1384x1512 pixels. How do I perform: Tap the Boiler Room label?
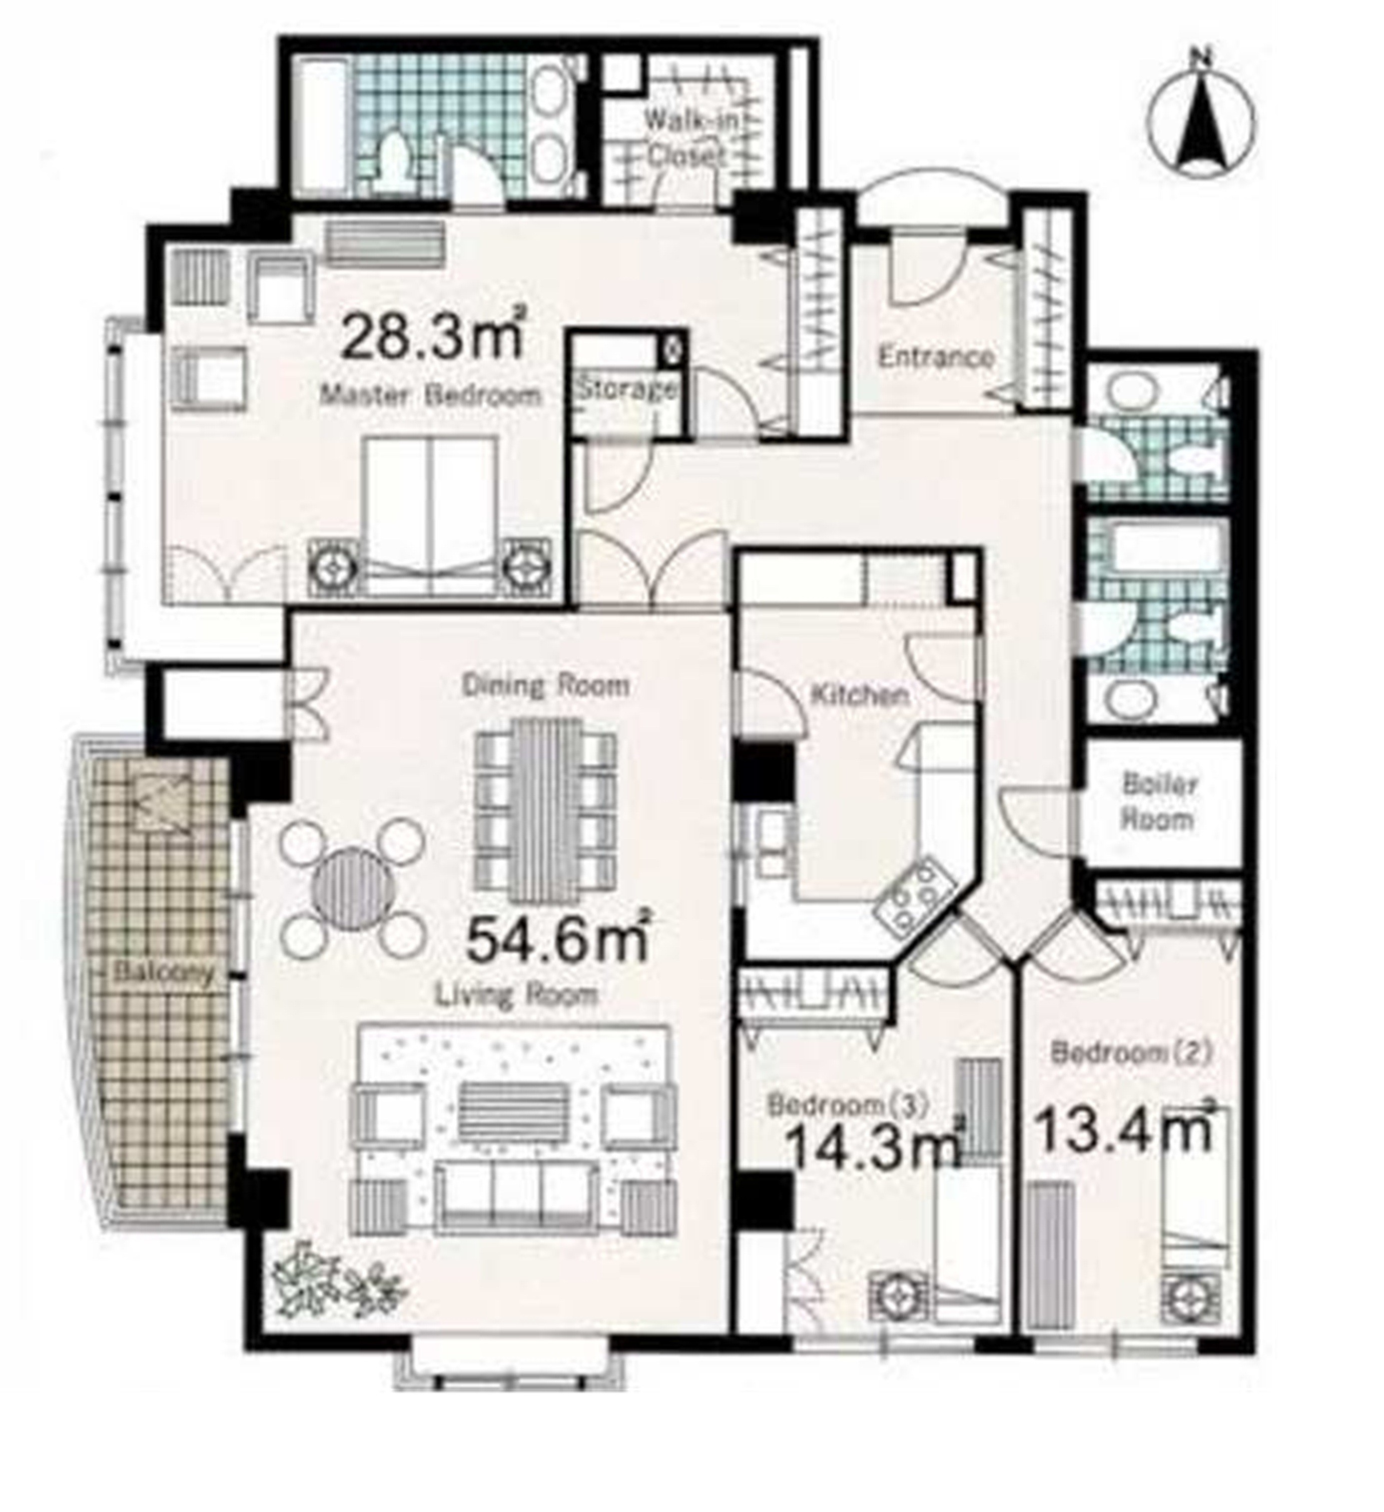tap(1158, 802)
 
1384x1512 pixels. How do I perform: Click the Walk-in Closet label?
tap(686, 136)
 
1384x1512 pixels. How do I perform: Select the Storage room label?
tap(626, 390)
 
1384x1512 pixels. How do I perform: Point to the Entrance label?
tap(936, 357)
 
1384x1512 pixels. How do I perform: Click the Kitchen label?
tap(861, 695)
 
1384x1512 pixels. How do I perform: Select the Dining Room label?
tap(545, 685)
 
